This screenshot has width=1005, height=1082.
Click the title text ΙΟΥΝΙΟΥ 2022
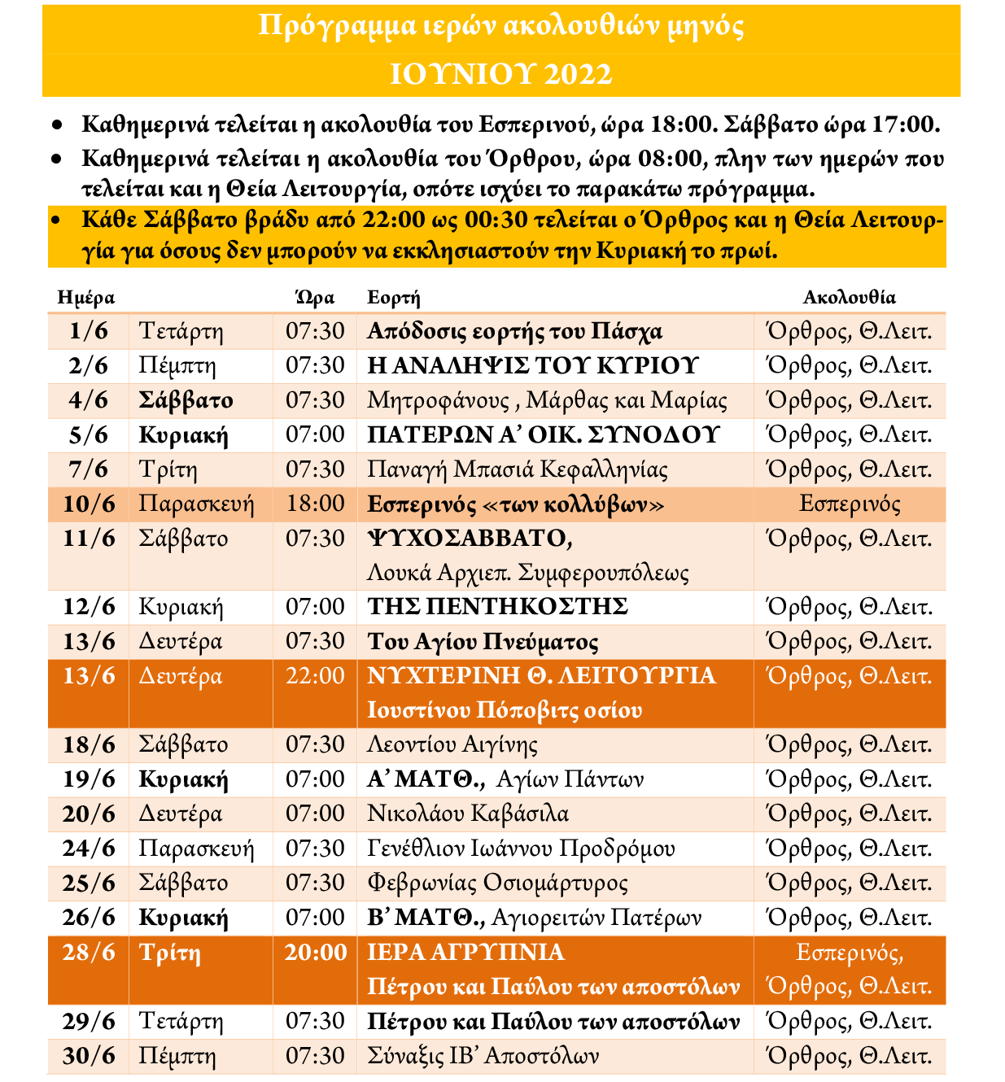tap(500, 75)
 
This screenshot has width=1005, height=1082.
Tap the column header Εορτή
tap(393, 298)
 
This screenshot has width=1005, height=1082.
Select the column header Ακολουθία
tap(849, 298)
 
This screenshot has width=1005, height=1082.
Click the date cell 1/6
tap(89, 332)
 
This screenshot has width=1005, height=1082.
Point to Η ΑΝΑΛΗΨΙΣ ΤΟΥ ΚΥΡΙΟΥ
tap(533, 366)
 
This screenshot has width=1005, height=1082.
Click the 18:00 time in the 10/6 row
tap(315, 504)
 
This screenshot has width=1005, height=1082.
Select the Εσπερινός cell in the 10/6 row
tap(850, 504)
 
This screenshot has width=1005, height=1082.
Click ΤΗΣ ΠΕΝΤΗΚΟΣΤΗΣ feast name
tap(497, 607)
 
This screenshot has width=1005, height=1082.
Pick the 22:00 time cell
tap(315, 676)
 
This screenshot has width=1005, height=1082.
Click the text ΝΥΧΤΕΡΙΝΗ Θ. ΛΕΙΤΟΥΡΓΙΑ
tap(541, 676)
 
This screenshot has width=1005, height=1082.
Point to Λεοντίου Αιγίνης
tap(452, 745)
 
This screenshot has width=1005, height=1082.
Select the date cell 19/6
tap(89, 780)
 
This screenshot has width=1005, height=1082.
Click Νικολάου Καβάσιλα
tap(468, 814)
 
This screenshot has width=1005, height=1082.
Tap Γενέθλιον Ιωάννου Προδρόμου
tap(521, 849)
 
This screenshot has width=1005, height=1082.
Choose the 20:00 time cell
tap(315, 953)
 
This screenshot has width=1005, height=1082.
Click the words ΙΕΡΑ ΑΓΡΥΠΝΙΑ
tap(465, 953)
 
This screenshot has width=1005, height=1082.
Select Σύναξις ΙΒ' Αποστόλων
tap(483, 1057)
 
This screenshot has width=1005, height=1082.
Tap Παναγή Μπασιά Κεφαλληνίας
tap(518, 470)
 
